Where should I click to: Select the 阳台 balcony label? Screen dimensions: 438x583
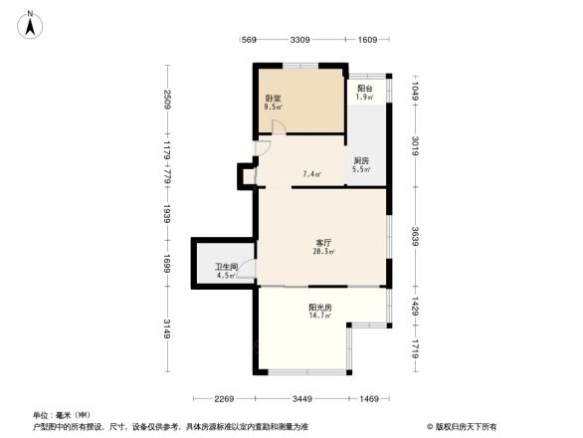365,87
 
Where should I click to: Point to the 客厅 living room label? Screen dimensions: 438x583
324,242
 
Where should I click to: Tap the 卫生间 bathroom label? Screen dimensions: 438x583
225,267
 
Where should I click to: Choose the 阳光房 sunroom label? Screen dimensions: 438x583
320,307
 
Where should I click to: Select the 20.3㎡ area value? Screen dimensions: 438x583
324,252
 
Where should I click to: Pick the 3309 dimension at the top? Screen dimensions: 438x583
300,40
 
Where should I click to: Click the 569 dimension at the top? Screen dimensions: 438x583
250,40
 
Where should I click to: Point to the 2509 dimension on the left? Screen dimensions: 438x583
169,100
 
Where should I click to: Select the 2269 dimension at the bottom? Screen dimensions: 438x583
224,399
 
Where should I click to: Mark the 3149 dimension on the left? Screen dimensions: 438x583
169,328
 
